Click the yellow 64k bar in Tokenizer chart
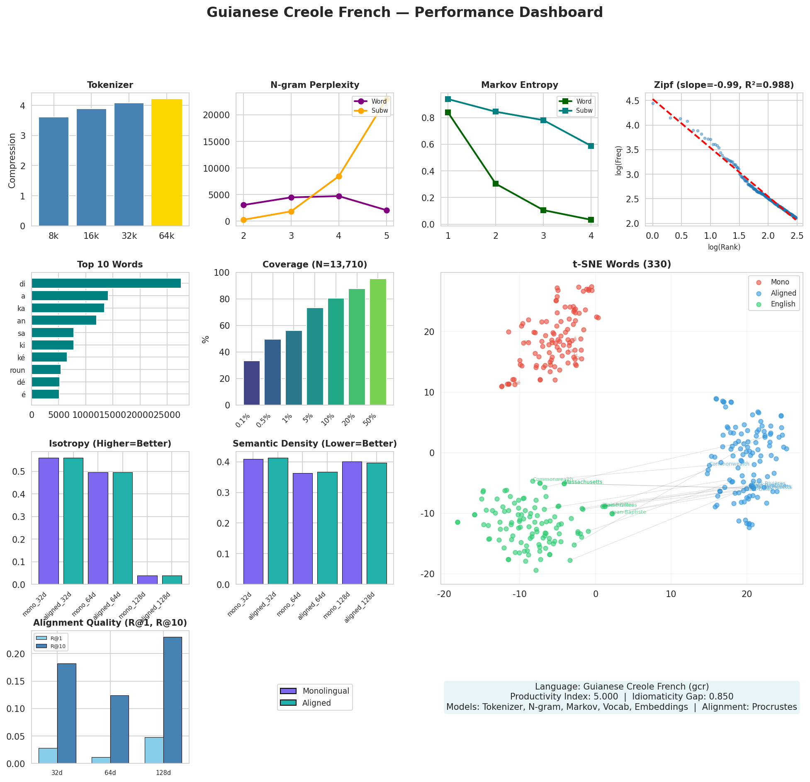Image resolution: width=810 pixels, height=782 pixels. (x=167, y=163)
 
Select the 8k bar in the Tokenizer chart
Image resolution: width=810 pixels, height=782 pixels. (x=54, y=172)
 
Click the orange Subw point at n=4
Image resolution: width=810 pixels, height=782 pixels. (x=339, y=176)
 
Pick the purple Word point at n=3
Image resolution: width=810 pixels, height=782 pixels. (x=291, y=197)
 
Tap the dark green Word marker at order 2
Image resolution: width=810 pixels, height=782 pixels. (x=496, y=184)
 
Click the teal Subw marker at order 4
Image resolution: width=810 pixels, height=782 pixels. (x=591, y=146)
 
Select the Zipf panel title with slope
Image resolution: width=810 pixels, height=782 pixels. (x=724, y=85)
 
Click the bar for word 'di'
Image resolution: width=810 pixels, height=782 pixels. (x=106, y=284)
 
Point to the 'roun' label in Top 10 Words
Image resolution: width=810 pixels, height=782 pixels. (x=17, y=370)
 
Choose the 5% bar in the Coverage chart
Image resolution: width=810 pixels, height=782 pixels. (x=315, y=357)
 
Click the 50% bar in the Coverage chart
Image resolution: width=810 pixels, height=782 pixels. (x=378, y=342)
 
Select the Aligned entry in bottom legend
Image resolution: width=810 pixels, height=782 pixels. (x=316, y=703)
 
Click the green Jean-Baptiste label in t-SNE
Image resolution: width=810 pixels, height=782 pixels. (x=629, y=512)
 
